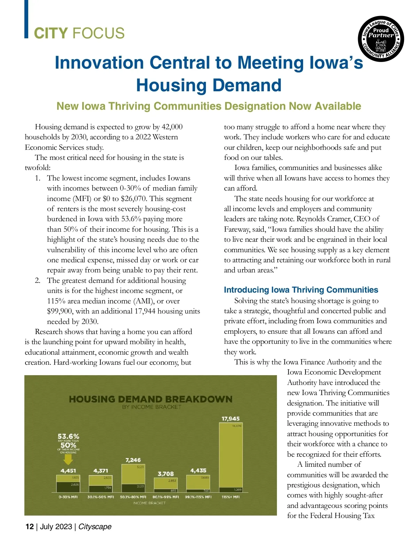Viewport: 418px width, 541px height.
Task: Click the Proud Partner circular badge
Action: pyautogui.click(x=381, y=39)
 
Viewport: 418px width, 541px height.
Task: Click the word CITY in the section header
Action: pyautogui.click(x=51, y=33)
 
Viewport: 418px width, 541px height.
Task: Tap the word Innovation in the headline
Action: pyautogui.click(x=99, y=63)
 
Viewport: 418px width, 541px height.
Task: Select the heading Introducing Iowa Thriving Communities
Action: pyautogui.click(x=301, y=290)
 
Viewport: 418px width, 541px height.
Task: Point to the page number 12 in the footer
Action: pyautogui.click(x=30, y=526)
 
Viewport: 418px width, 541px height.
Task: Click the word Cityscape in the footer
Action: pyautogui.click(x=95, y=526)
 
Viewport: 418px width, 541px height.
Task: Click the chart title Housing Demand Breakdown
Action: pyautogui.click(x=150, y=399)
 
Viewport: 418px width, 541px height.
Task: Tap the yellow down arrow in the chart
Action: pyautogui.click(x=68, y=460)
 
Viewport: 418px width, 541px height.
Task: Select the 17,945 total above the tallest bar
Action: pyautogui.click(x=231, y=418)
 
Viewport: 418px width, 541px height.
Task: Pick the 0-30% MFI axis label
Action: pyautogui.click(x=68, y=497)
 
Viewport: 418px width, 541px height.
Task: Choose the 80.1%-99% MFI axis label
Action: pyautogui.click(x=166, y=497)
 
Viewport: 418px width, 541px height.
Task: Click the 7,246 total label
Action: pyautogui.click(x=133, y=460)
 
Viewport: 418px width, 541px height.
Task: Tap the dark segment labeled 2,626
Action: pyautogui.click(x=68, y=487)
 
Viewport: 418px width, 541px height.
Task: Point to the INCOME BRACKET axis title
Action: pyautogui.click(x=149, y=503)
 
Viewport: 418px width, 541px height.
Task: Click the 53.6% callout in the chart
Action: pyautogui.click(x=68, y=436)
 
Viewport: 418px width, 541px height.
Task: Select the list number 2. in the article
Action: pyautogui.click(x=38, y=280)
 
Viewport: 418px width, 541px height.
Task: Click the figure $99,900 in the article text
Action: pyautogui.click(x=60, y=311)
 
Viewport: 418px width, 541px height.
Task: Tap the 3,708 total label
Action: pyautogui.click(x=166, y=474)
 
